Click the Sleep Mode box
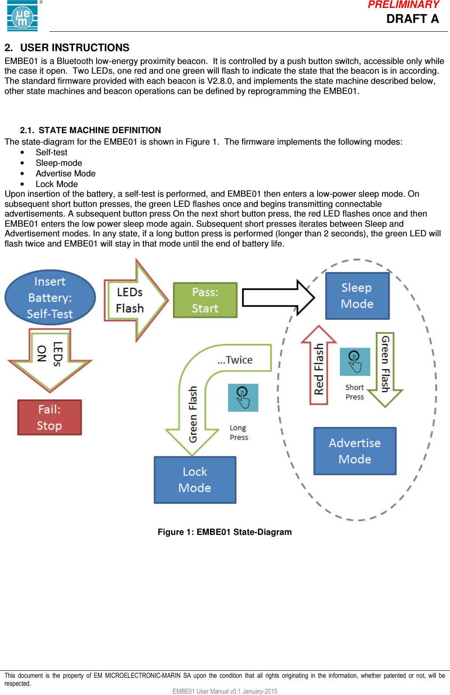(x=357, y=296)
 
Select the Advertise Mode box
(x=355, y=451)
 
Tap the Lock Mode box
(x=195, y=480)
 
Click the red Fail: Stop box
(x=49, y=417)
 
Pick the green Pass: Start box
(x=205, y=300)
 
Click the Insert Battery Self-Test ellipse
(x=50, y=298)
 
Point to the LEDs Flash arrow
(x=132, y=300)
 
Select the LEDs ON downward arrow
(x=50, y=358)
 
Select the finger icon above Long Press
(x=243, y=397)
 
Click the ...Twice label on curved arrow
(x=235, y=360)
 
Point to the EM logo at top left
(x=22, y=16)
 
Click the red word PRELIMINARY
(x=403, y=5)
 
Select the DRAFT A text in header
(x=412, y=19)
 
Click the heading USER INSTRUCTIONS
(x=75, y=48)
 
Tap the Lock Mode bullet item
(x=56, y=184)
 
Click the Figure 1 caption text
(x=225, y=532)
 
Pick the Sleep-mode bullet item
(x=59, y=163)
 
